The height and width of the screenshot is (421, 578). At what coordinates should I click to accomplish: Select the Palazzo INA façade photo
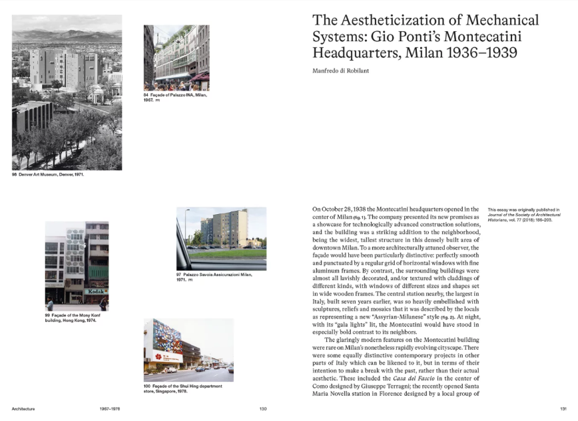click(176, 58)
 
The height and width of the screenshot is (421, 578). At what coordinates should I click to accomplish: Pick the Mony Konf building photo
click(77, 266)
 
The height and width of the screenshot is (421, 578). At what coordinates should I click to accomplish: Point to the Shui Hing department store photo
click(188, 350)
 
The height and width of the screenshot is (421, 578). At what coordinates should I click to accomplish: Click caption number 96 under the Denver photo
click(15, 175)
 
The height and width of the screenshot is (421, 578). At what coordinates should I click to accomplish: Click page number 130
click(263, 408)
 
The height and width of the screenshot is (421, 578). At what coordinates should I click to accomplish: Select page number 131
click(563, 408)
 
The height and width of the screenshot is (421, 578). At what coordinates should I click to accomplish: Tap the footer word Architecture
click(23, 408)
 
